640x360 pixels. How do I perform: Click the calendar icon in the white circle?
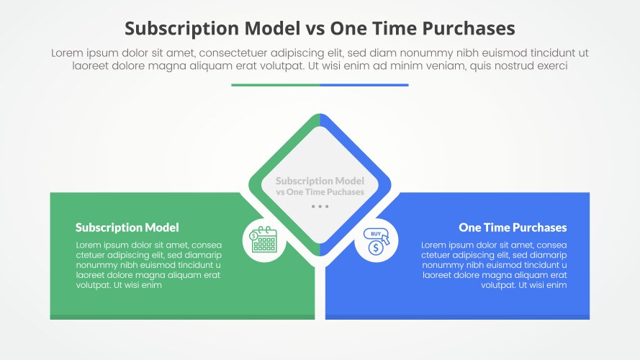pyautogui.click(x=264, y=240)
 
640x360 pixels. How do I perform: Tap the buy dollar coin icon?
pyautogui.click(x=376, y=241)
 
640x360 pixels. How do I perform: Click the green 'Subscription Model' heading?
pyautogui.click(x=127, y=228)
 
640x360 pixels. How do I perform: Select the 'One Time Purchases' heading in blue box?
pyautogui.click(x=513, y=228)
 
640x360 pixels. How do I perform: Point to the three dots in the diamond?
pyautogui.click(x=320, y=206)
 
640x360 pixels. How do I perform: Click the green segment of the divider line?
pyautogui.click(x=276, y=85)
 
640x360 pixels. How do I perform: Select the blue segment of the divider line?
pyautogui.click(x=364, y=85)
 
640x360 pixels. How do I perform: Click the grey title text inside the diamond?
pyautogui.click(x=320, y=186)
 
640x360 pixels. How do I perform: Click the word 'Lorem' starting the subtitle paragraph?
pyautogui.click(x=67, y=53)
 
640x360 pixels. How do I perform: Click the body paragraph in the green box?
pyautogui.click(x=148, y=265)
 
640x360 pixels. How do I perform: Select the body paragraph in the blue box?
pyautogui.click(x=494, y=265)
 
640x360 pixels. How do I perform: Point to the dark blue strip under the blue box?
pyautogui.click(x=457, y=317)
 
